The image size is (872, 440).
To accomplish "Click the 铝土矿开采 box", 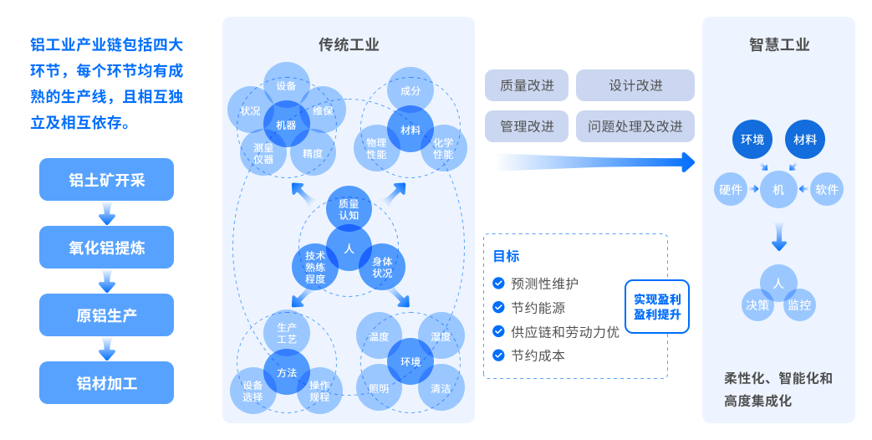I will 106,179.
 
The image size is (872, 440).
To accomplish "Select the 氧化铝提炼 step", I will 106,248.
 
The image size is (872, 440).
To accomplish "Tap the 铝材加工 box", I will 106,383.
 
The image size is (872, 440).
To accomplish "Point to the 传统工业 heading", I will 349,44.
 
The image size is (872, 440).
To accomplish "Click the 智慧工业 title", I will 778,44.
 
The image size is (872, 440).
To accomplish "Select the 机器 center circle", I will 286,125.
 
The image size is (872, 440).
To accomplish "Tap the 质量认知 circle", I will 349,209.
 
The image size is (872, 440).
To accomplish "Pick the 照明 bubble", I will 379,388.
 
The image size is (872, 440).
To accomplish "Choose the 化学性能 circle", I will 443,148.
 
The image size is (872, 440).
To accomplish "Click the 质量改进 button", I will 526,85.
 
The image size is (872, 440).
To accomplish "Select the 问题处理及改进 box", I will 635,126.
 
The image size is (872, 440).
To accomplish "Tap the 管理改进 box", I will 526,126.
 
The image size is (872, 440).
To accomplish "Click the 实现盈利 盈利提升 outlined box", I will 657,306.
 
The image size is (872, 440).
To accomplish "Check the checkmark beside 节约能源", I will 499,307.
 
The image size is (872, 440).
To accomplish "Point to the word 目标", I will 506,256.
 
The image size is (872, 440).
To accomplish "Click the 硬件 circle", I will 731,190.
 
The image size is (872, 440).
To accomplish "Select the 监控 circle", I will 799,304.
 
